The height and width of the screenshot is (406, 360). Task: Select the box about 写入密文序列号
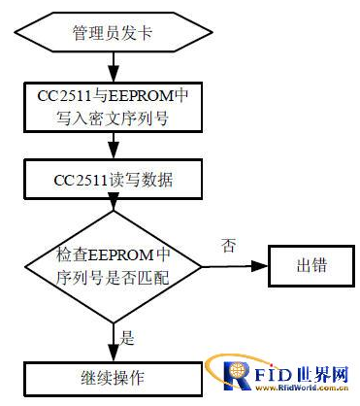pyautogui.click(x=115, y=107)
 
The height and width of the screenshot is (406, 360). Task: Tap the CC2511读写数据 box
pyautogui.click(x=115, y=181)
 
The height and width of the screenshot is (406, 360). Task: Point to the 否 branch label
pyautogui.click(x=230, y=247)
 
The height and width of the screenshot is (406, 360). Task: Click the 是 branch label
pyautogui.click(x=127, y=340)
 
